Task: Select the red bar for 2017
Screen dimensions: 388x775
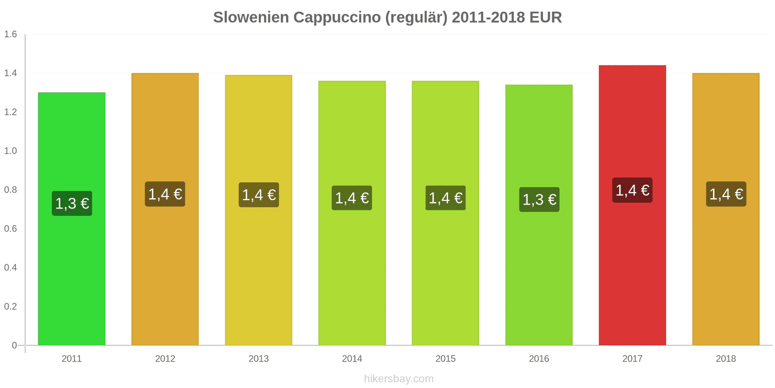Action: coord(632,267)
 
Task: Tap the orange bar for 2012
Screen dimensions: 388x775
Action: coord(165,267)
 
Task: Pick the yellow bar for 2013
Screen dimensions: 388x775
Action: coord(259,267)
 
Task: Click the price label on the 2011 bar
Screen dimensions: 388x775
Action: coord(72,203)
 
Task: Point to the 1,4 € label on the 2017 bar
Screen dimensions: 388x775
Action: coord(632,190)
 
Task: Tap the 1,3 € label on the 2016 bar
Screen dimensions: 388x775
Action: coord(539,199)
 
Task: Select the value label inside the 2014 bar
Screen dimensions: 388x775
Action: coord(352,198)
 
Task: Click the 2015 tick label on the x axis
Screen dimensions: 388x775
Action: coord(445,359)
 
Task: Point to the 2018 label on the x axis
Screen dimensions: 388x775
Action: coord(726,359)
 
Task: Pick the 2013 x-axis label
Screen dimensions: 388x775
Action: coord(259,359)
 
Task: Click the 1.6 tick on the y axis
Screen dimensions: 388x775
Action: coord(11,34)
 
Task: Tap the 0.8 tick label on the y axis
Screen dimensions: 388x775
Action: coord(11,190)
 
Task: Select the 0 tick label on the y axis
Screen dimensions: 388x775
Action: coord(14,345)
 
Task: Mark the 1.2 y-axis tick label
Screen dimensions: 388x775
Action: coord(11,112)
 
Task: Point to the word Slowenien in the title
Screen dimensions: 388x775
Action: coord(251,17)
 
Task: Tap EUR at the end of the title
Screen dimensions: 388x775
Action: coord(545,17)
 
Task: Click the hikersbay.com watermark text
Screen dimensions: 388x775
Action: coord(399,379)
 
